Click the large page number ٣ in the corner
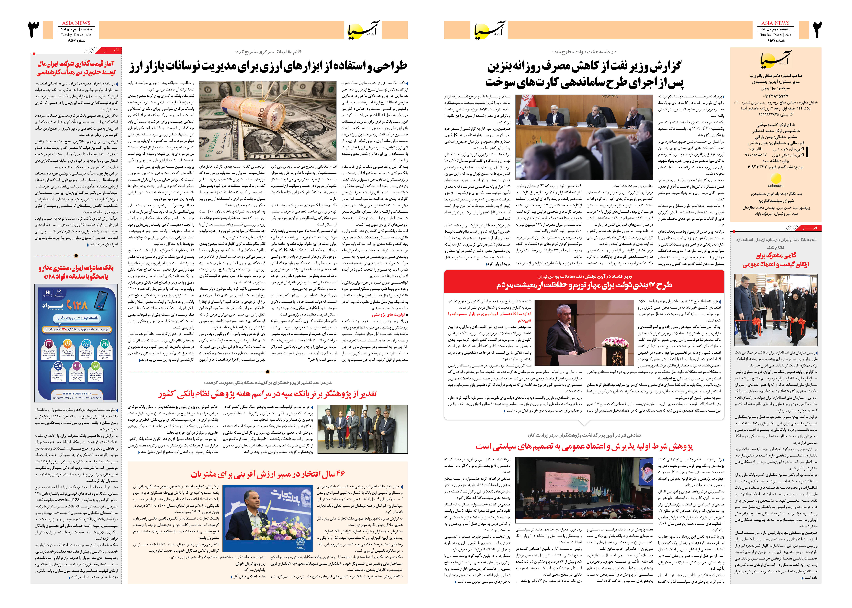[34, 30]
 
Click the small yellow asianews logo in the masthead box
[776, 180]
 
